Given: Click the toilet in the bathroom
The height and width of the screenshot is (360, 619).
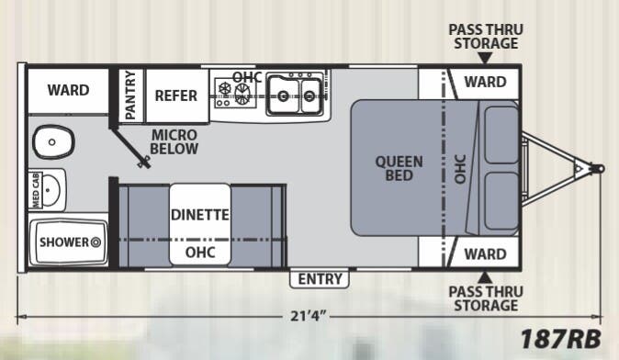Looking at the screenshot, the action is point(53,142).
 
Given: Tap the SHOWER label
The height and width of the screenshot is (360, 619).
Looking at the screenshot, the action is point(64,242).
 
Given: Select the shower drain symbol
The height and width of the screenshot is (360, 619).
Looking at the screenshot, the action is point(96,242).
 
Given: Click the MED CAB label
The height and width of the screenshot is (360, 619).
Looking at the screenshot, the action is point(36,190).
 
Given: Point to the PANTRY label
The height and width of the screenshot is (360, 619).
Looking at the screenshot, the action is point(130,96).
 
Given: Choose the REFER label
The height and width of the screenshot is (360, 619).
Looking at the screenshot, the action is point(175,96).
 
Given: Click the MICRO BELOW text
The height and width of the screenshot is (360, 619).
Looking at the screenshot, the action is point(174,141).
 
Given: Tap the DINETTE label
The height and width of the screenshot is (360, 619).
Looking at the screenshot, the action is point(200,215).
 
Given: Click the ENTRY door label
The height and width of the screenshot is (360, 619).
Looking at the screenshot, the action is point(320,279).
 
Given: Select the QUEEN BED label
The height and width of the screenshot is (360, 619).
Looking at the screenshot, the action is point(399,169).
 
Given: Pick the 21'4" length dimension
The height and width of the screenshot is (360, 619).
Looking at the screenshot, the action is point(309,316).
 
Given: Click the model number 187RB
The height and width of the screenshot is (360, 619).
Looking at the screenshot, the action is point(560,339).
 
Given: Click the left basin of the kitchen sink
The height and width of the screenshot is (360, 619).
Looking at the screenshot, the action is point(283,96).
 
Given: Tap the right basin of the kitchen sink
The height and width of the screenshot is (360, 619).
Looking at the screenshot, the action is point(309,96).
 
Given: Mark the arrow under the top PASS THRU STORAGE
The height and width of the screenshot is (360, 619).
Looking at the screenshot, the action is point(485,58).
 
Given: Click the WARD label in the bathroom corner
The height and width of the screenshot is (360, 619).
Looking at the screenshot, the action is point(68,90).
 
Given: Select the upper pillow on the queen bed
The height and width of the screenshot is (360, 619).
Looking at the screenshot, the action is point(501,135).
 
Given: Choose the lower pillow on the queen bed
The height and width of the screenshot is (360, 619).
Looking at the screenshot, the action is point(501,201).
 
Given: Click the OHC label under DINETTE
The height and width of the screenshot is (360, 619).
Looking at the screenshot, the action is point(200,253).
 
